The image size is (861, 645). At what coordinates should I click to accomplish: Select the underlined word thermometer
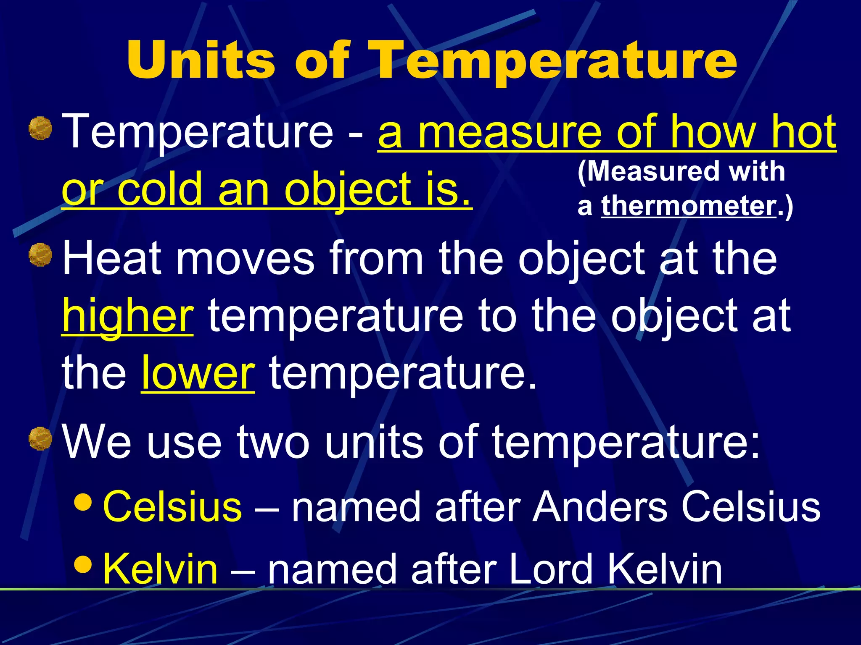pyautogui.click(x=689, y=206)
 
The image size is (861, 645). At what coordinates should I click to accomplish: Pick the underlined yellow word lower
pyautogui.click(x=198, y=373)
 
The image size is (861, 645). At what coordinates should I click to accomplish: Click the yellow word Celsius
pyautogui.click(x=172, y=506)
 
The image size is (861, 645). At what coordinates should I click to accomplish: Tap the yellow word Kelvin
pyautogui.click(x=160, y=569)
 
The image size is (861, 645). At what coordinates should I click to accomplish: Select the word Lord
pyautogui.click(x=551, y=569)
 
